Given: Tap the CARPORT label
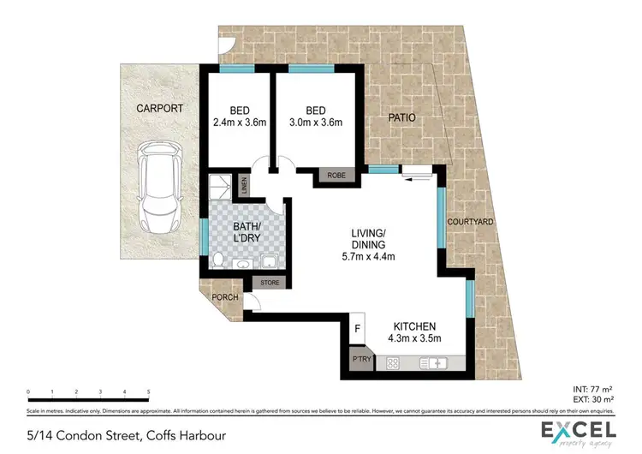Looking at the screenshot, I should (x=159, y=109).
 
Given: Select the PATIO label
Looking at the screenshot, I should (x=402, y=117).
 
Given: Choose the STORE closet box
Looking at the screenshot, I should (x=270, y=282).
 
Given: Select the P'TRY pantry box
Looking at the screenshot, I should (x=359, y=361).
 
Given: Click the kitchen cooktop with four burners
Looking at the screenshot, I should (x=395, y=364).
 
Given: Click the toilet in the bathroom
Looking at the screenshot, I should (x=219, y=260).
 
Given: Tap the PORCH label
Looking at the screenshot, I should (x=224, y=298).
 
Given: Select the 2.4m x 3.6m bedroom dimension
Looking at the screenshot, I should (x=240, y=123).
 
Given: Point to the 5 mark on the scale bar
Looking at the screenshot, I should (x=149, y=392).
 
